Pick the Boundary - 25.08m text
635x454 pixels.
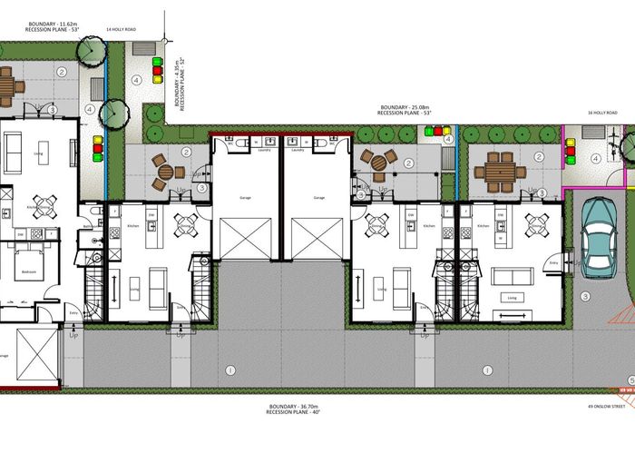(x=405, y=107)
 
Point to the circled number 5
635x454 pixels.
(x=630, y=380)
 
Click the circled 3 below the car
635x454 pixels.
(x=586, y=296)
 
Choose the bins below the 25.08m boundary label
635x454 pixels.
(x=442, y=133)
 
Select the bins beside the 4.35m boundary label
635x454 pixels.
(x=157, y=71)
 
